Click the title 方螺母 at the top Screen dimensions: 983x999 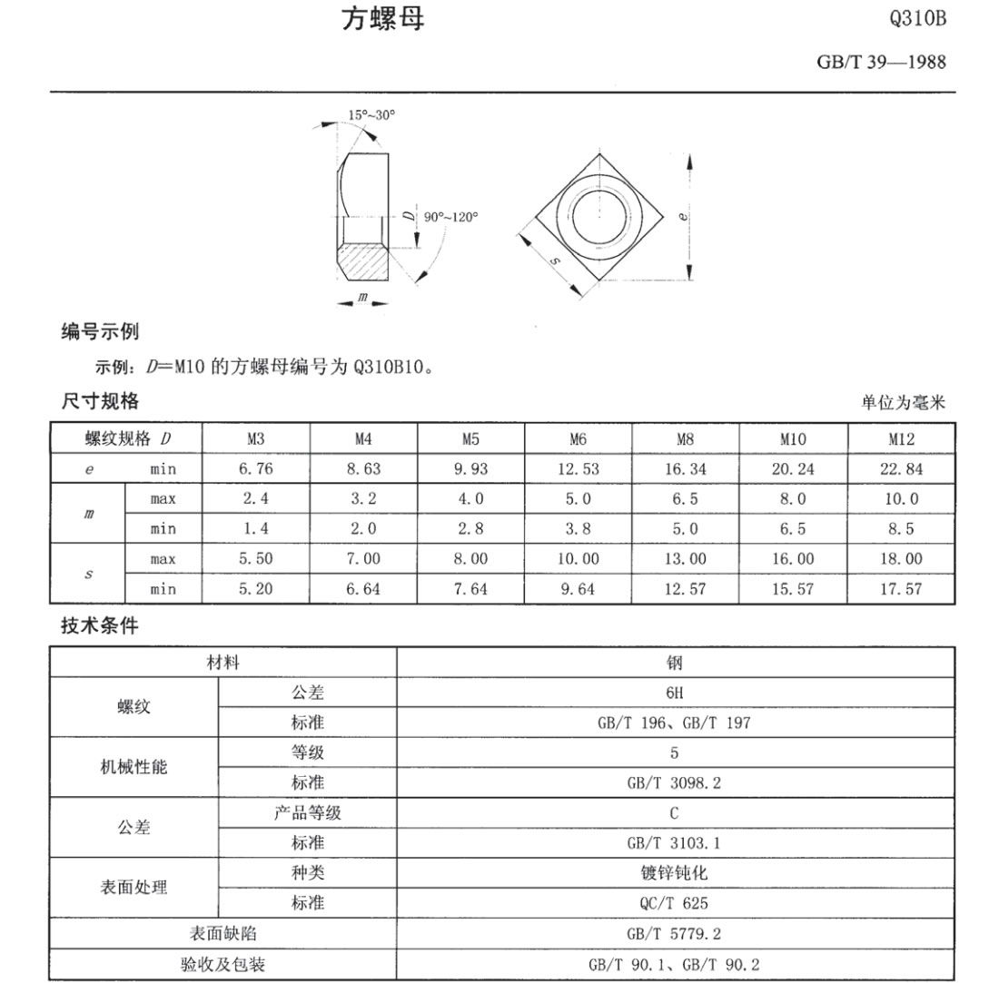382,20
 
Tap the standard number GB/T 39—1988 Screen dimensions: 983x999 881,63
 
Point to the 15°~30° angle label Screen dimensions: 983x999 371,115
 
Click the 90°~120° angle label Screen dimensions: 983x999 450,217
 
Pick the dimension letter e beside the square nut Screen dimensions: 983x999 683,216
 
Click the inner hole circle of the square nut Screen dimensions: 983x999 598,215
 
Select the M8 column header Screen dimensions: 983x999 686,439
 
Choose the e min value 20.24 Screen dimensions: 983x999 793,468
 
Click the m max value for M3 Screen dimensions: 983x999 256,498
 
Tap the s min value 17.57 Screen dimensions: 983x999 901,588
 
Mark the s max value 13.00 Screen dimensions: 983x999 686,558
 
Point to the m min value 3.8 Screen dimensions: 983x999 579,528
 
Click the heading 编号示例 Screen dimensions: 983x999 100,332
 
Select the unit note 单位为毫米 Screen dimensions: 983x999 904,403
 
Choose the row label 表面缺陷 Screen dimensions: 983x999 223,932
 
